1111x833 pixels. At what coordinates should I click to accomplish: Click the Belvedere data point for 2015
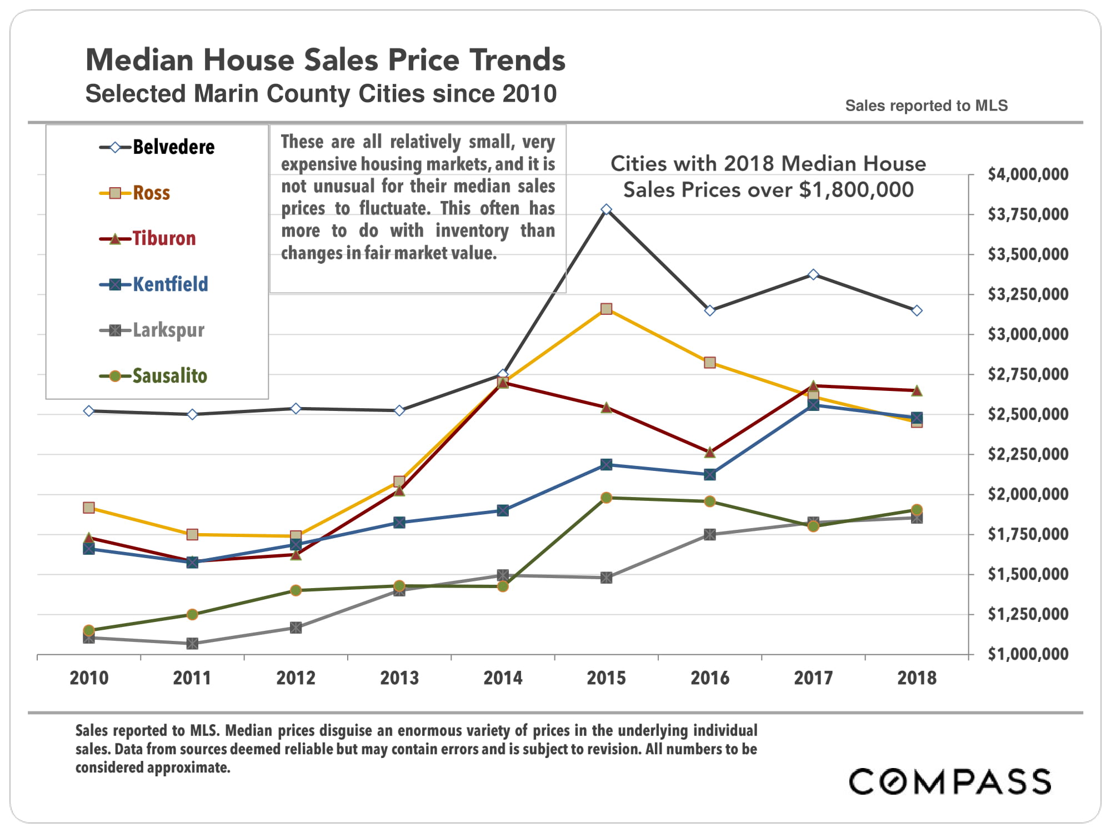click(607, 209)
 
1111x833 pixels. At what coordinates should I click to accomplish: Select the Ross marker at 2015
click(607, 309)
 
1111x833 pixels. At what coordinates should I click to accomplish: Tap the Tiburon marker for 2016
click(710, 452)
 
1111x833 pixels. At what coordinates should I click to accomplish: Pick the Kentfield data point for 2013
click(399, 523)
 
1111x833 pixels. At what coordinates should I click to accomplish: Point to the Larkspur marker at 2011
click(192, 644)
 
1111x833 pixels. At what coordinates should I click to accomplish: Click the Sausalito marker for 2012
click(296, 590)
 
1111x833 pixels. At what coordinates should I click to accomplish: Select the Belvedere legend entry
click(158, 147)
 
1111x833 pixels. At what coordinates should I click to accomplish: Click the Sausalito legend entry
click(154, 376)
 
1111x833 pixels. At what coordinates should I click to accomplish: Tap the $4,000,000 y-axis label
click(1028, 174)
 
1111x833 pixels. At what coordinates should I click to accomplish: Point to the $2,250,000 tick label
click(1028, 454)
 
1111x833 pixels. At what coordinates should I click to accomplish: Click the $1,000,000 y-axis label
click(1028, 654)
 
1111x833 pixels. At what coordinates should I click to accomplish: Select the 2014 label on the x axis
click(503, 678)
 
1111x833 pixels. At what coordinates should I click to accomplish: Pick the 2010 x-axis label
click(89, 678)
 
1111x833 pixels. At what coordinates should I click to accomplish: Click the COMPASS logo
click(949, 781)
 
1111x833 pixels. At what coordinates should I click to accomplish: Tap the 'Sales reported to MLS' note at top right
click(926, 106)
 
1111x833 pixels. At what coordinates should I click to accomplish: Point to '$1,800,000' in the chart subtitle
click(856, 190)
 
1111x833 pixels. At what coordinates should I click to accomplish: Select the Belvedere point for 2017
click(813, 274)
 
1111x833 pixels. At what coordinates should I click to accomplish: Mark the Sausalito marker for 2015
click(607, 498)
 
